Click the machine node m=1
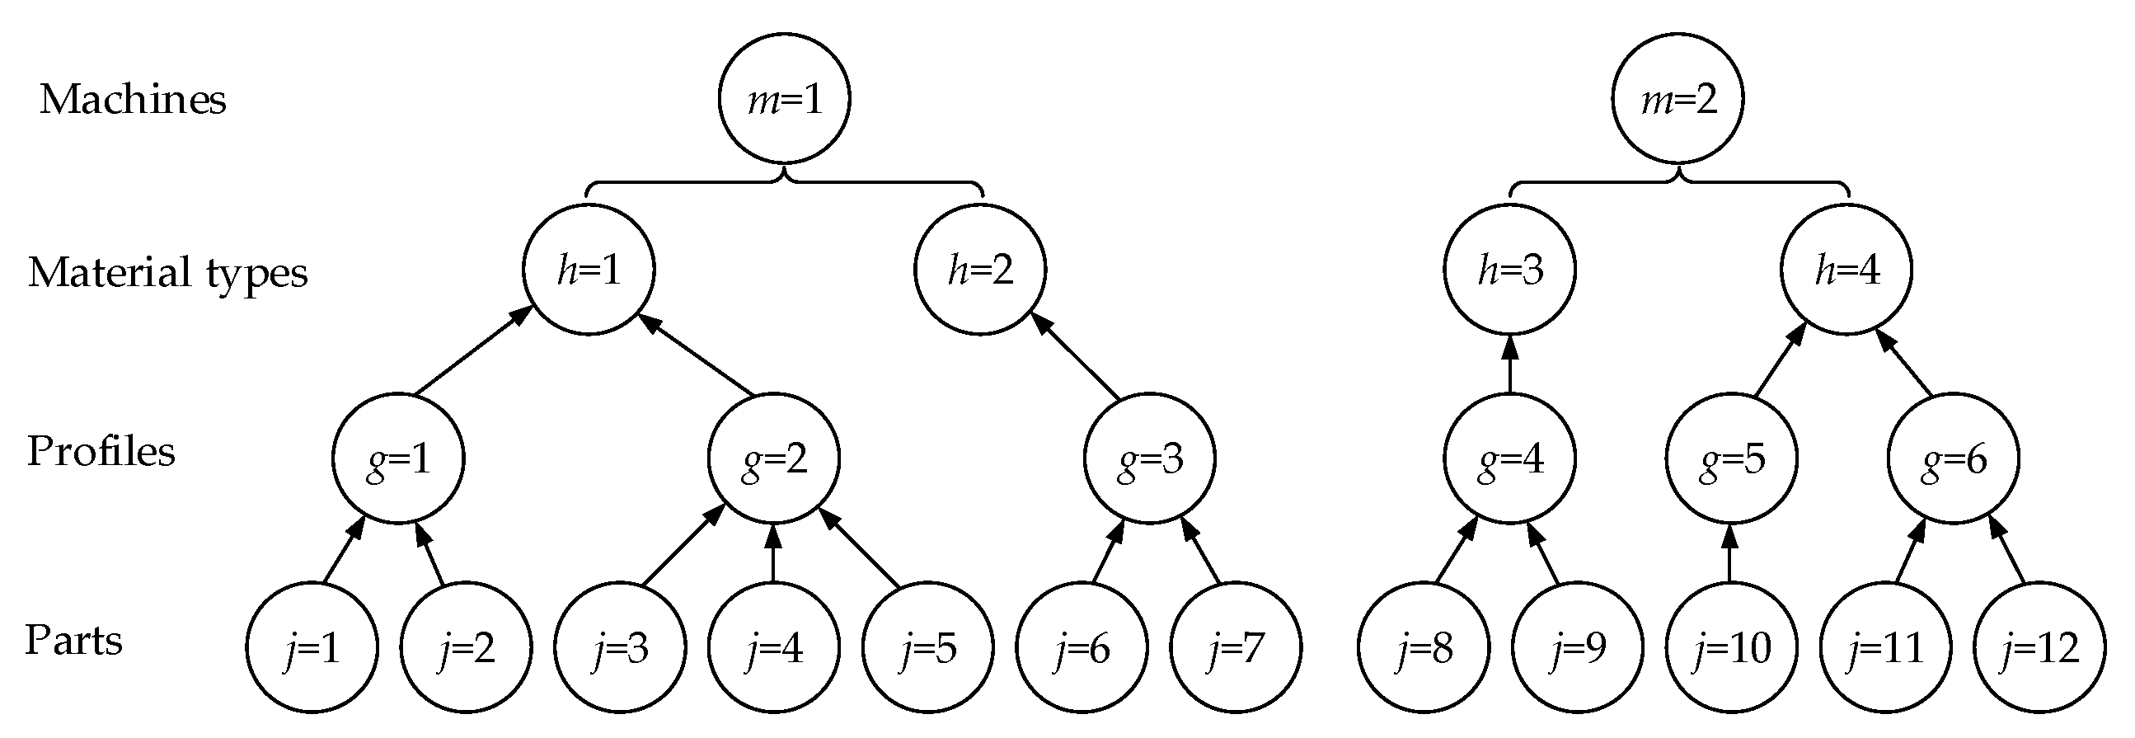(783, 98)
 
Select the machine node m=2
(1677, 98)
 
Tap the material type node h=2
(979, 270)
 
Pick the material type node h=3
(1509, 270)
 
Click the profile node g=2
(773, 458)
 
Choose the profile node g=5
(1731, 458)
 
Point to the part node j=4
(773, 646)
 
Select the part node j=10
(1731, 646)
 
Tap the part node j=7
(1236, 646)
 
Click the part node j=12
(2039, 646)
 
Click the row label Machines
(133, 100)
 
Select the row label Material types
(167, 272)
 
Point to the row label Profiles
(101, 452)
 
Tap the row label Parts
(73, 640)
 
